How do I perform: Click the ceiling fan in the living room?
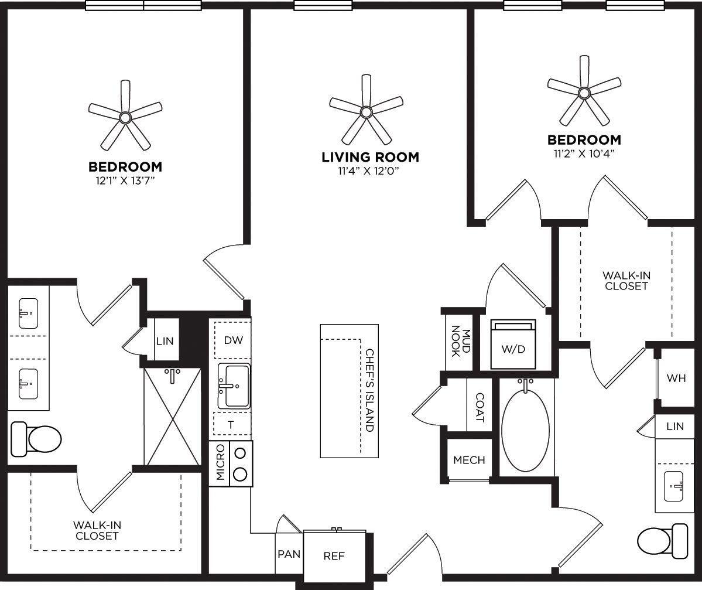point(367,111)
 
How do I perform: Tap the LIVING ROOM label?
point(370,157)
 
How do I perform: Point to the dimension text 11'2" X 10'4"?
point(584,154)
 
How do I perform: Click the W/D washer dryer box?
point(513,345)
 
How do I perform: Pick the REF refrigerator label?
point(334,556)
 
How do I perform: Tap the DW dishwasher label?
point(233,340)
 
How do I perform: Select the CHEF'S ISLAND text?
point(369,391)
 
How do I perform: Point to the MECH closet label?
point(469,460)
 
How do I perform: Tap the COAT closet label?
point(480,407)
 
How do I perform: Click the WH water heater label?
point(676,378)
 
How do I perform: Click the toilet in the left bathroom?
point(37,438)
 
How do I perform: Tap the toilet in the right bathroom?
point(663,541)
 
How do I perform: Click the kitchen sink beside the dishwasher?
point(234,386)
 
